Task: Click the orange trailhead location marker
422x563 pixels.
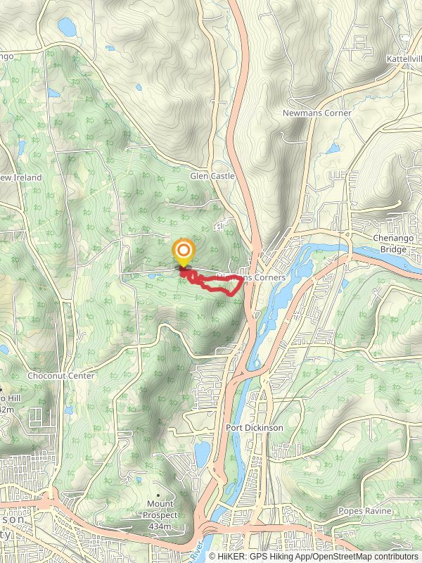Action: (184, 251)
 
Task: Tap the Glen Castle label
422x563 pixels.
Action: (212, 176)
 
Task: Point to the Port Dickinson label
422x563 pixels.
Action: (254, 427)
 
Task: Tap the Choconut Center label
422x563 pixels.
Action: (60, 376)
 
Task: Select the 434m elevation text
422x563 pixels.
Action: (161, 526)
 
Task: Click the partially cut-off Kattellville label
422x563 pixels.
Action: (404, 59)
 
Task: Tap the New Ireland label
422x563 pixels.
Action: (21, 177)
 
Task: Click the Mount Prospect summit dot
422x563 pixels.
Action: (158, 494)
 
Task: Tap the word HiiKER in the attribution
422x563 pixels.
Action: (233, 556)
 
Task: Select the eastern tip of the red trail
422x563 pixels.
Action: (243, 279)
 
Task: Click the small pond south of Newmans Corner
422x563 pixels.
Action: (331, 148)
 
